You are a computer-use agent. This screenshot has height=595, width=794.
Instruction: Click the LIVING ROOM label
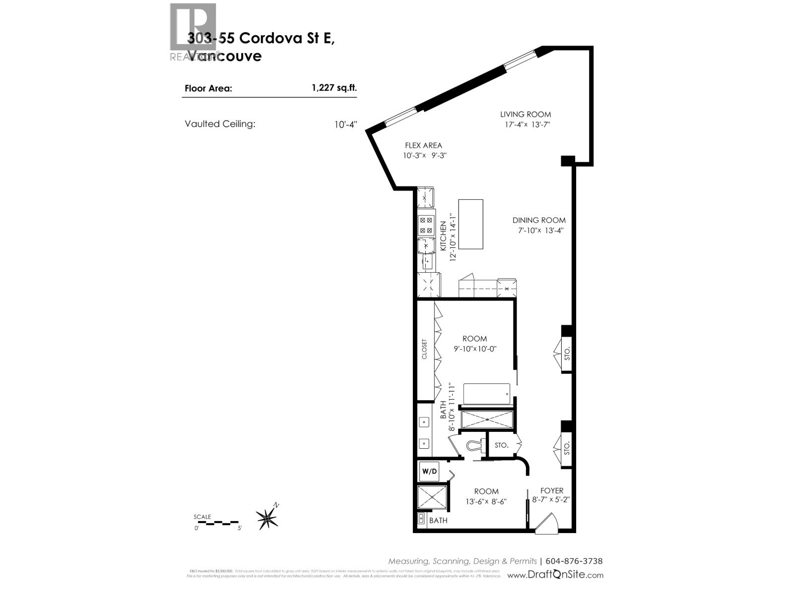coord(526,115)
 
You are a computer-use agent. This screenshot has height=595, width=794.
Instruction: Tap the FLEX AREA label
coord(423,146)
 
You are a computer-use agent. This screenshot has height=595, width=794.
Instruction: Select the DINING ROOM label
coord(539,220)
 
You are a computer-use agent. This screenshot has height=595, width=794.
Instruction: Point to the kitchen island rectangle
coord(470,224)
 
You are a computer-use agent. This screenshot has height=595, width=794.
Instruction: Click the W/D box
coord(429,471)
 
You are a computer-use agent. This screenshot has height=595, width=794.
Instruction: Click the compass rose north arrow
coord(268,518)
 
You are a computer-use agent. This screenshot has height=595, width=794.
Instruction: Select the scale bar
coord(217,523)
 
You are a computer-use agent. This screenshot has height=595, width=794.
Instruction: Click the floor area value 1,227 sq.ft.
coord(334,88)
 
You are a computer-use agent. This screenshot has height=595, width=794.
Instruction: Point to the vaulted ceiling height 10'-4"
coord(345,124)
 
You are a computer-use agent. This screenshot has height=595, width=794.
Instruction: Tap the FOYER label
coord(552,491)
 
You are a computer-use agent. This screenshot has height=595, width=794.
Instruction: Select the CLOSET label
coord(424,349)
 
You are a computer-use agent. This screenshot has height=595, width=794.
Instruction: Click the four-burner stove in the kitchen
coord(426,225)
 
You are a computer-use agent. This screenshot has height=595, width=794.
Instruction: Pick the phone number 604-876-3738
coord(574,561)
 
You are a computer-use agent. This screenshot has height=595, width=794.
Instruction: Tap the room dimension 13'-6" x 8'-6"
coord(486,501)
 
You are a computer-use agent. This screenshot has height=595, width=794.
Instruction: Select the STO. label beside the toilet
coord(501,445)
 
